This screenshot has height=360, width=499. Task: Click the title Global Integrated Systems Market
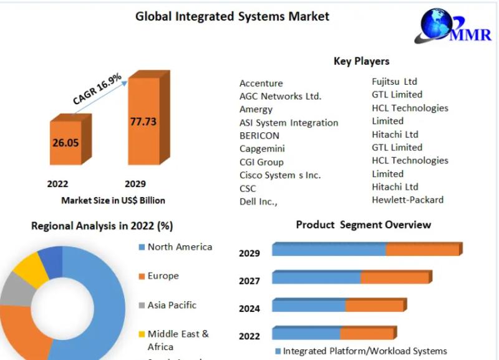pyautogui.click(x=232, y=16)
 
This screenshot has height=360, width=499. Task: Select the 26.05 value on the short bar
pyautogui.click(x=65, y=142)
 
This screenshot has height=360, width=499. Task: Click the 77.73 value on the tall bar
pyautogui.click(x=143, y=122)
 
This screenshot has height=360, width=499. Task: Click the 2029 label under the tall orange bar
pyautogui.click(x=135, y=183)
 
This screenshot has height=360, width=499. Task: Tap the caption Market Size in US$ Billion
pyautogui.click(x=113, y=200)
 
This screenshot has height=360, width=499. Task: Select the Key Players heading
pyautogui.click(x=361, y=61)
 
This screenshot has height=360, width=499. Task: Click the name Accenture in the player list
pyautogui.click(x=261, y=83)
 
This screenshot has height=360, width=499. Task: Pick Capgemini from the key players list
pyautogui.click(x=261, y=148)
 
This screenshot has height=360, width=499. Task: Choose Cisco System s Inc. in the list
pyautogui.click(x=280, y=175)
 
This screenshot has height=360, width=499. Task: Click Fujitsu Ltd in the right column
pyautogui.click(x=394, y=81)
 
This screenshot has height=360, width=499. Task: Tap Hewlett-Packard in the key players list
pyautogui.click(x=407, y=200)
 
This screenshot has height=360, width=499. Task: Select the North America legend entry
pyautogui.click(x=179, y=247)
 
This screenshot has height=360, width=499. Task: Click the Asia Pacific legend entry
pyautogui.click(x=172, y=305)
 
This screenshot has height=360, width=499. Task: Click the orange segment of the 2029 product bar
pyautogui.click(x=422, y=250)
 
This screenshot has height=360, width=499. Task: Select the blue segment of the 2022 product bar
pyautogui.click(x=306, y=334)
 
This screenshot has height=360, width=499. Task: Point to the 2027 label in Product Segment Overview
pyautogui.click(x=249, y=281)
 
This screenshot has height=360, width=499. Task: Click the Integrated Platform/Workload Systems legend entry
pyautogui.click(x=365, y=351)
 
